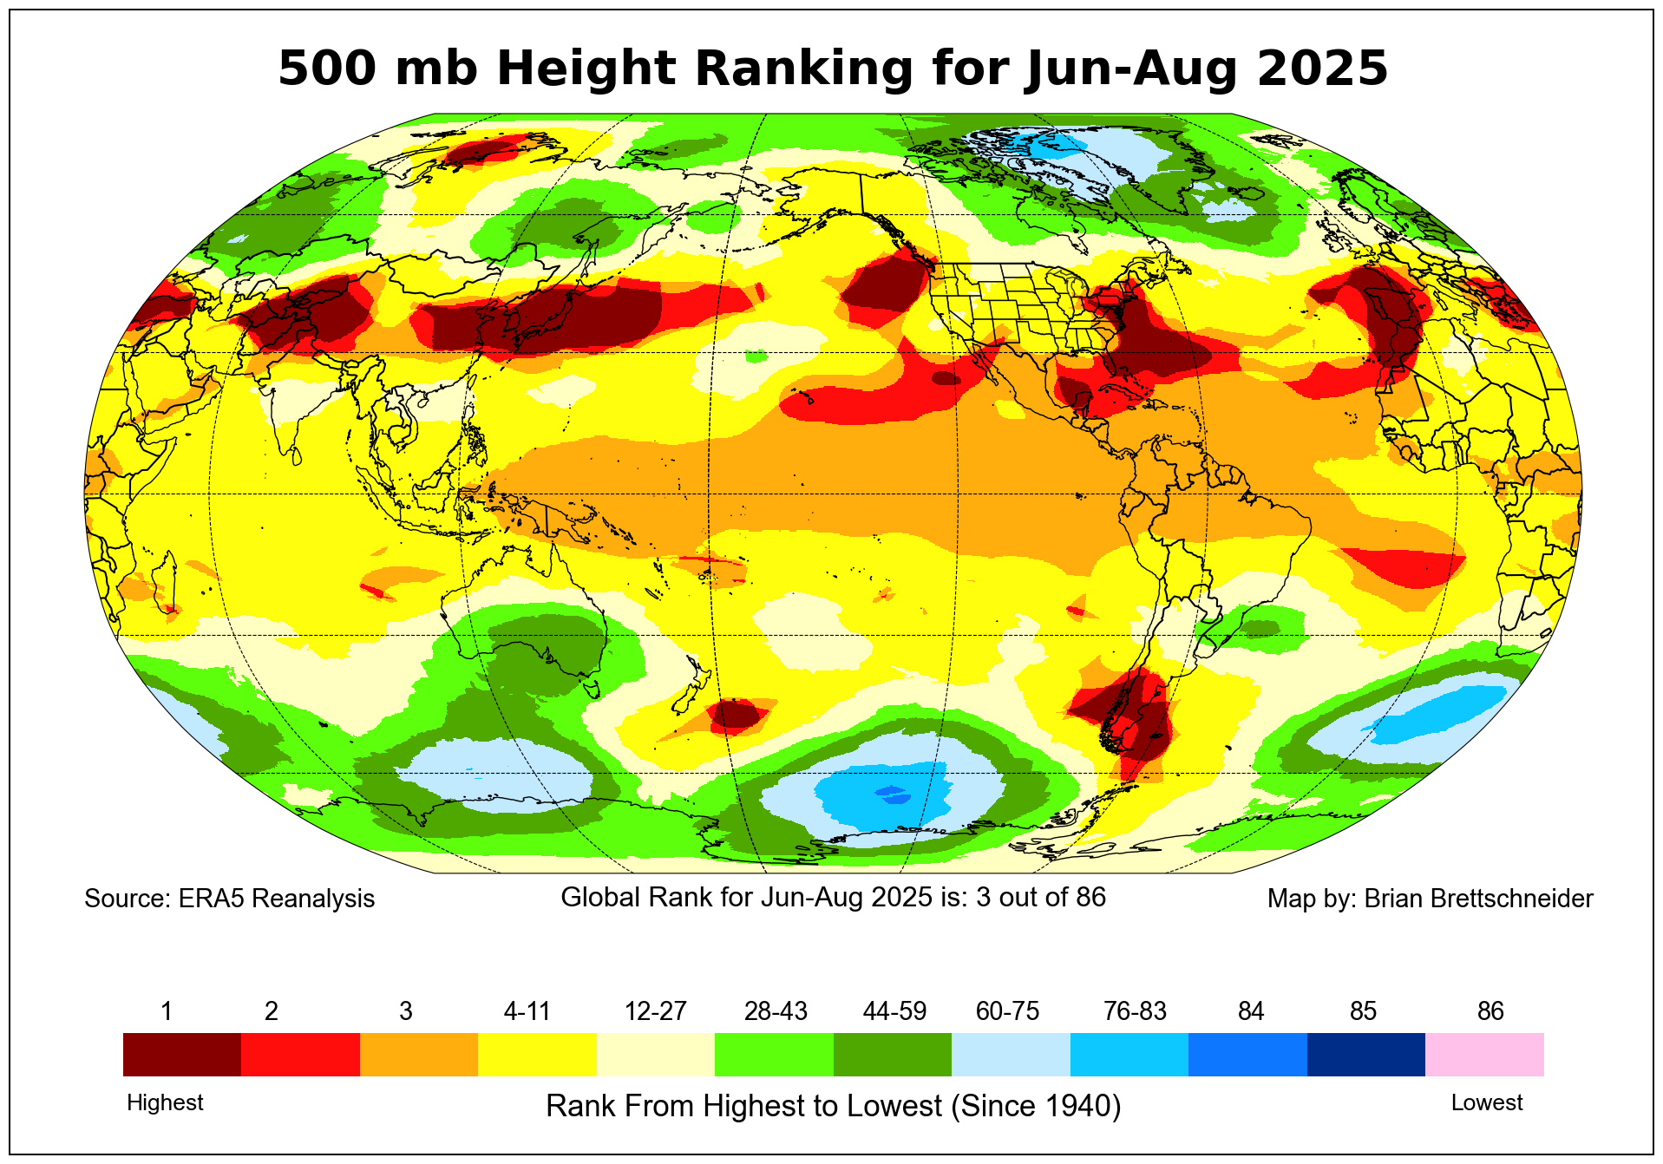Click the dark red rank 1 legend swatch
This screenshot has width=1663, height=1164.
point(182,1054)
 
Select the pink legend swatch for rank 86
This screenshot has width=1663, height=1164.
point(1484,1054)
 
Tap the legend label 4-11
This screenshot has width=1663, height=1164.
point(527,1011)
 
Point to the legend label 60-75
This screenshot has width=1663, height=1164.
point(1007,1011)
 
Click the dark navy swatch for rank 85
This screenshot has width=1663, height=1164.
point(1365,1054)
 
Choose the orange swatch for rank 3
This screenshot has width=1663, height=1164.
point(419,1054)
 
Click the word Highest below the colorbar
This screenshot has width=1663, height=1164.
point(165,1102)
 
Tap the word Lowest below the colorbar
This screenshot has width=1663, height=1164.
point(1486,1102)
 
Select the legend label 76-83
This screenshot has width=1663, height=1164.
point(1135,1011)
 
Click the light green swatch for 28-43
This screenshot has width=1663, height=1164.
point(774,1054)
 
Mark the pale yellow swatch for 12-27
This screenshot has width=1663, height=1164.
point(656,1054)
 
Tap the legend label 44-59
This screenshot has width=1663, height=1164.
point(894,1011)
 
